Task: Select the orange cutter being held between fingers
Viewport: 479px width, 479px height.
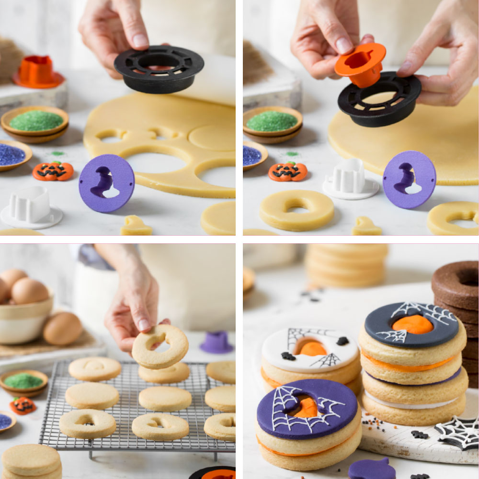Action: click(x=360, y=64)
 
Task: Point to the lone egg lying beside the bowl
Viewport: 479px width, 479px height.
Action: click(x=62, y=329)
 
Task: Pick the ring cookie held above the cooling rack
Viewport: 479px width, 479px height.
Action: click(x=160, y=346)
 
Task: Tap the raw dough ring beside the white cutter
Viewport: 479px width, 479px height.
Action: click(x=297, y=210)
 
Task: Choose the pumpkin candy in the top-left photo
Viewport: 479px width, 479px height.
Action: click(x=53, y=171)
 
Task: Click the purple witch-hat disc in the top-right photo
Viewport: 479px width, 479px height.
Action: click(x=410, y=179)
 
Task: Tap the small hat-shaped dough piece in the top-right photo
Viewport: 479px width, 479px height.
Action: click(x=366, y=226)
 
